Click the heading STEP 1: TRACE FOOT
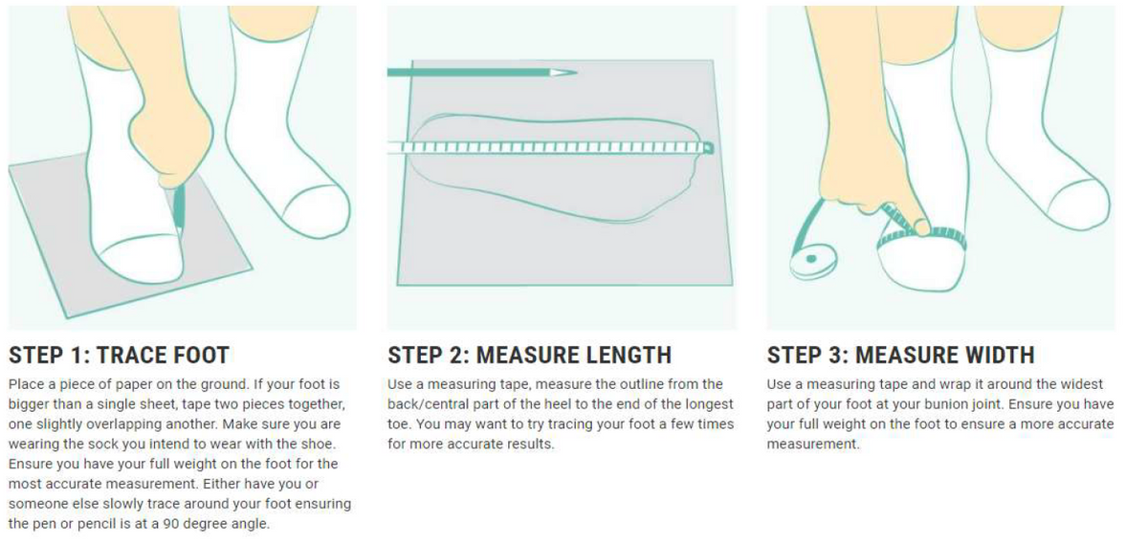[x=119, y=356]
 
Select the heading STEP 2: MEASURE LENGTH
[x=529, y=356]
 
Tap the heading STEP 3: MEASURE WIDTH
[x=900, y=356]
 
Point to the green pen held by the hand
[x=179, y=206]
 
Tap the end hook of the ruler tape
[x=708, y=148]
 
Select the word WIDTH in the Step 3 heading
[x=995, y=356]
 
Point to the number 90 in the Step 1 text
[x=171, y=524]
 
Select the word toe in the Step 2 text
[x=399, y=424]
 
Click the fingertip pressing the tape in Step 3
[x=922, y=228]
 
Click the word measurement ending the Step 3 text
[x=812, y=444]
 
